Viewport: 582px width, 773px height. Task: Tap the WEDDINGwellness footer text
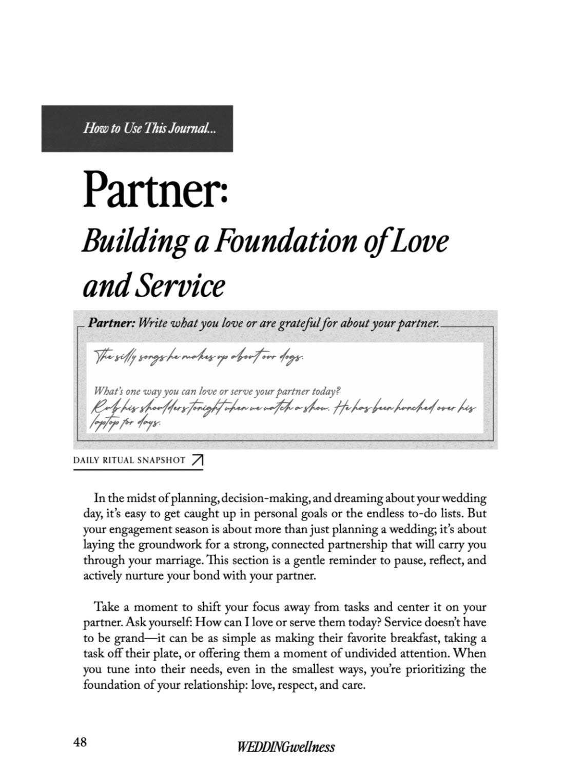(286, 746)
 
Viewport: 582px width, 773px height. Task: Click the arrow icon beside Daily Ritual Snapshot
(197, 461)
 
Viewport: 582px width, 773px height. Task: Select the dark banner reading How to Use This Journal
(137, 128)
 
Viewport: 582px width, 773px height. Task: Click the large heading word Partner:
(156, 190)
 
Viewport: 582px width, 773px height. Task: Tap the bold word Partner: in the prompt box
(111, 324)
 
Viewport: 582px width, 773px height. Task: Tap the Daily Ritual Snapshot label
(129, 460)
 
